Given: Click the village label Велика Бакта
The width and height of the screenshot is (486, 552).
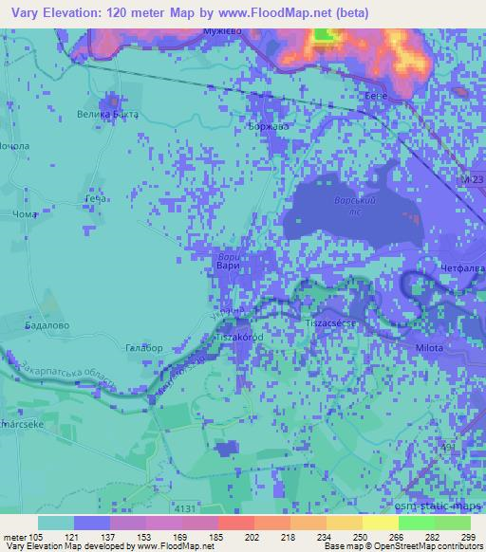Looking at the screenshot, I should point(107,115).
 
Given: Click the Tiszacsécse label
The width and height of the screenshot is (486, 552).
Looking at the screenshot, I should point(329,323).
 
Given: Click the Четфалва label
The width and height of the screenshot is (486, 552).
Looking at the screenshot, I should point(460,269).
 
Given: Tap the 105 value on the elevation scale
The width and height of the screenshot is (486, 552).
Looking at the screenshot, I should point(39,537).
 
